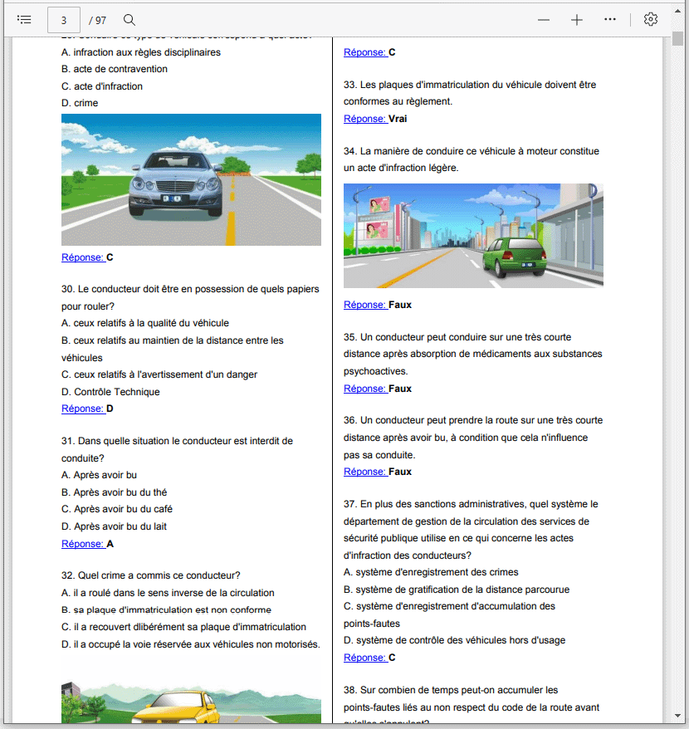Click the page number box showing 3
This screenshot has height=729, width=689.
tap(64, 19)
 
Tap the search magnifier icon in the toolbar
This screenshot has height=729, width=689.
tap(129, 19)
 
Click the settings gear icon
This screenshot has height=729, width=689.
tap(651, 19)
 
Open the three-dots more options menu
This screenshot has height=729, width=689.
tap(610, 19)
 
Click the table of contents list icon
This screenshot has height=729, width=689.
tap(24, 19)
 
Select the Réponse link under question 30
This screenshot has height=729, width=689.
tap(82, 409)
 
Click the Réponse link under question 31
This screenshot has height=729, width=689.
tap(82, 544)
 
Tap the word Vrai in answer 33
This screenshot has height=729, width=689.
tap(398, 119)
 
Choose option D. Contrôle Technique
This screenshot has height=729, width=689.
tap(110, 392)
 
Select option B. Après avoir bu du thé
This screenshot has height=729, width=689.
tap(114, 492)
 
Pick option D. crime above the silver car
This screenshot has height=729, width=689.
tap(80, 103)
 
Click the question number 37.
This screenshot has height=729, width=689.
tap(349, 504)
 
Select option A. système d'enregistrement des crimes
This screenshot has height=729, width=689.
tap(431, 572)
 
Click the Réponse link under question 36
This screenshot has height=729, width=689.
tap(364, 472)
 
